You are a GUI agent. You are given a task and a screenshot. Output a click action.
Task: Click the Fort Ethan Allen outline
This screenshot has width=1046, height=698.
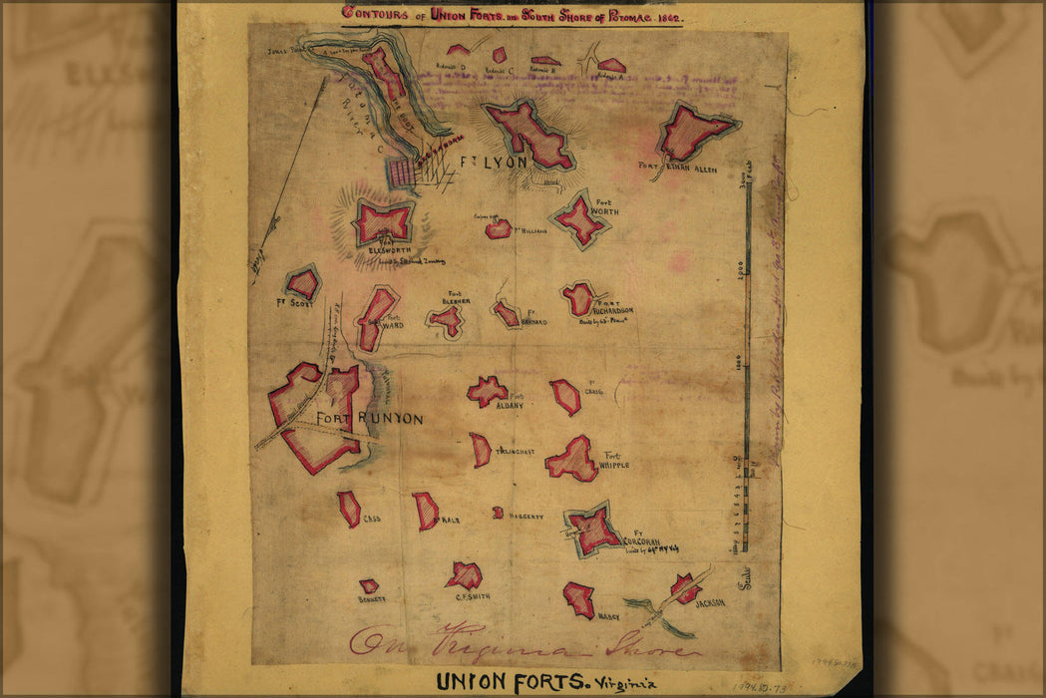pos(696,131)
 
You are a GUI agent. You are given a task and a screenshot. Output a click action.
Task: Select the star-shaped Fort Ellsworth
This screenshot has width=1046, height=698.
pos(383,221)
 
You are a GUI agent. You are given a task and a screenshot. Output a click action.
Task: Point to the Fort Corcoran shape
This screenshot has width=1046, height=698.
pos(594,528)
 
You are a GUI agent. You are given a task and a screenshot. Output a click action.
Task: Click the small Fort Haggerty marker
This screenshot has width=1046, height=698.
pos(498,513)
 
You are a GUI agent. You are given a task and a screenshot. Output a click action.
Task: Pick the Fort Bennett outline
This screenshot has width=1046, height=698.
pos(369,586)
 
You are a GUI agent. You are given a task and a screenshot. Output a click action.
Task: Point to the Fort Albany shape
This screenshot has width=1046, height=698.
pos(487,391)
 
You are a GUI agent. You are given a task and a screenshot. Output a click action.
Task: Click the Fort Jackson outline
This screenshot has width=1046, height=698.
pos(685,588)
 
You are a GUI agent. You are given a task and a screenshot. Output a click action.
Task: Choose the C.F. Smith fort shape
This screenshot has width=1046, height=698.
pos(465,574)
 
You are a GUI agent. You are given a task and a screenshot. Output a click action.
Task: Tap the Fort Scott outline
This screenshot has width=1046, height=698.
pos(302,284)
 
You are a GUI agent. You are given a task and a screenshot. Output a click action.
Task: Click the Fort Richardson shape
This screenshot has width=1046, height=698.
pos(577,298)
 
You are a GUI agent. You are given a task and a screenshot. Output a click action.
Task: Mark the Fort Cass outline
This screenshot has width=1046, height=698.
pos(349,509)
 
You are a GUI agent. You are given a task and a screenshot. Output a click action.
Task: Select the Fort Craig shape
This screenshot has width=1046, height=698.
pos(565,397)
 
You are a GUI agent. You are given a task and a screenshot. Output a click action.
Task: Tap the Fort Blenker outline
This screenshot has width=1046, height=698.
pos(447,320)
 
